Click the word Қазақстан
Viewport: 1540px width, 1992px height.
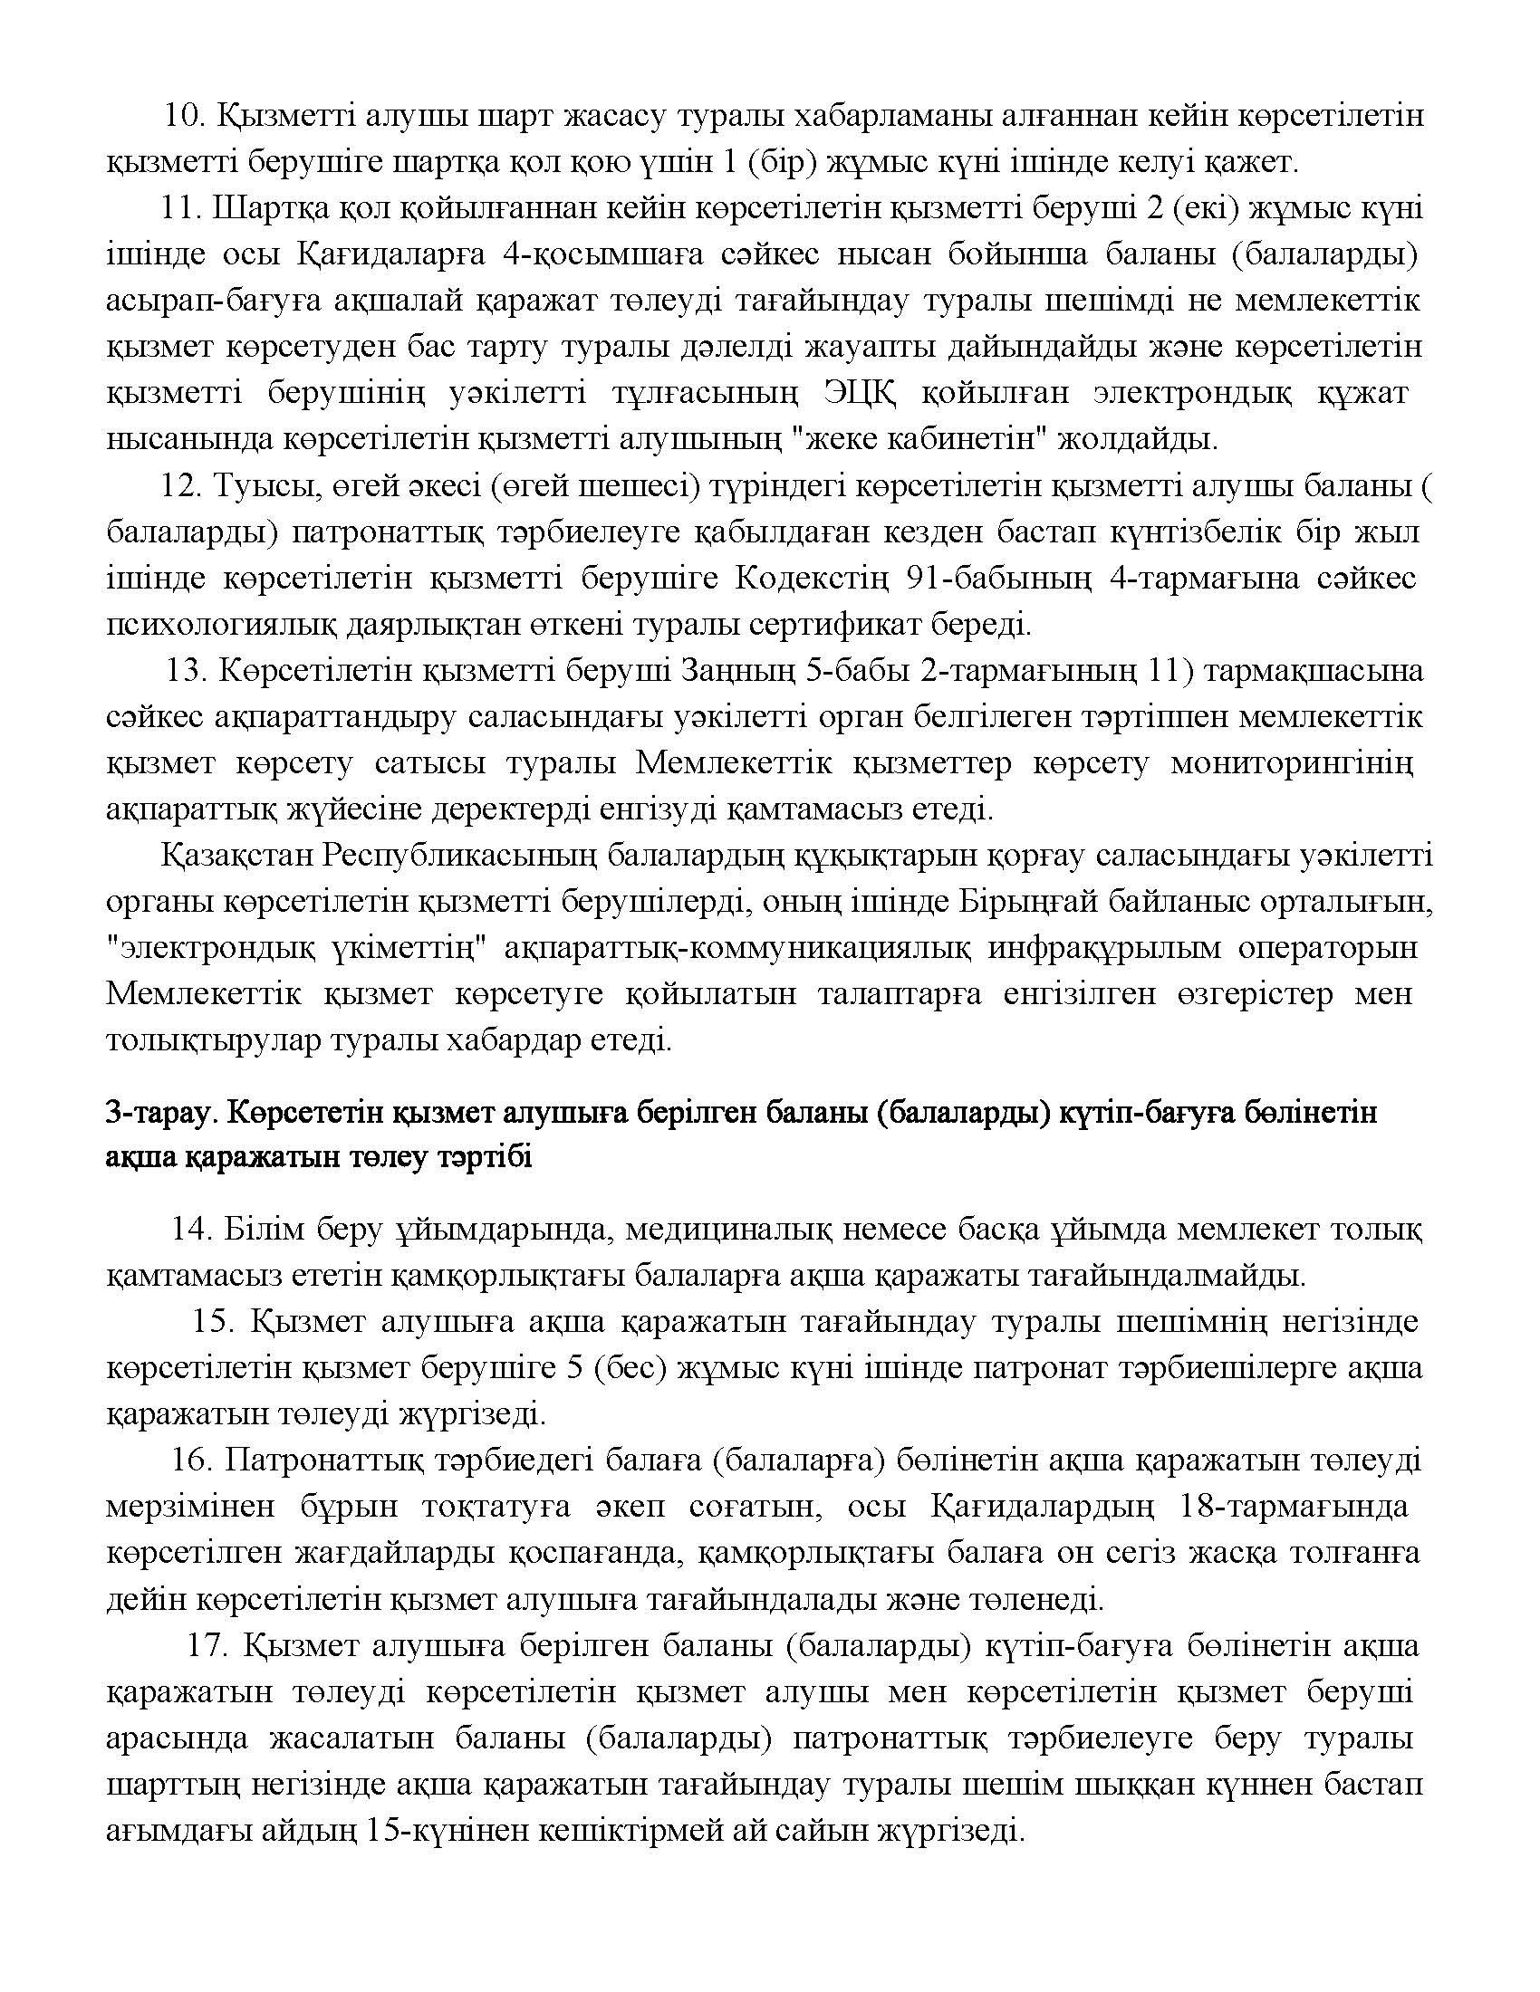tap(235, 856)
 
